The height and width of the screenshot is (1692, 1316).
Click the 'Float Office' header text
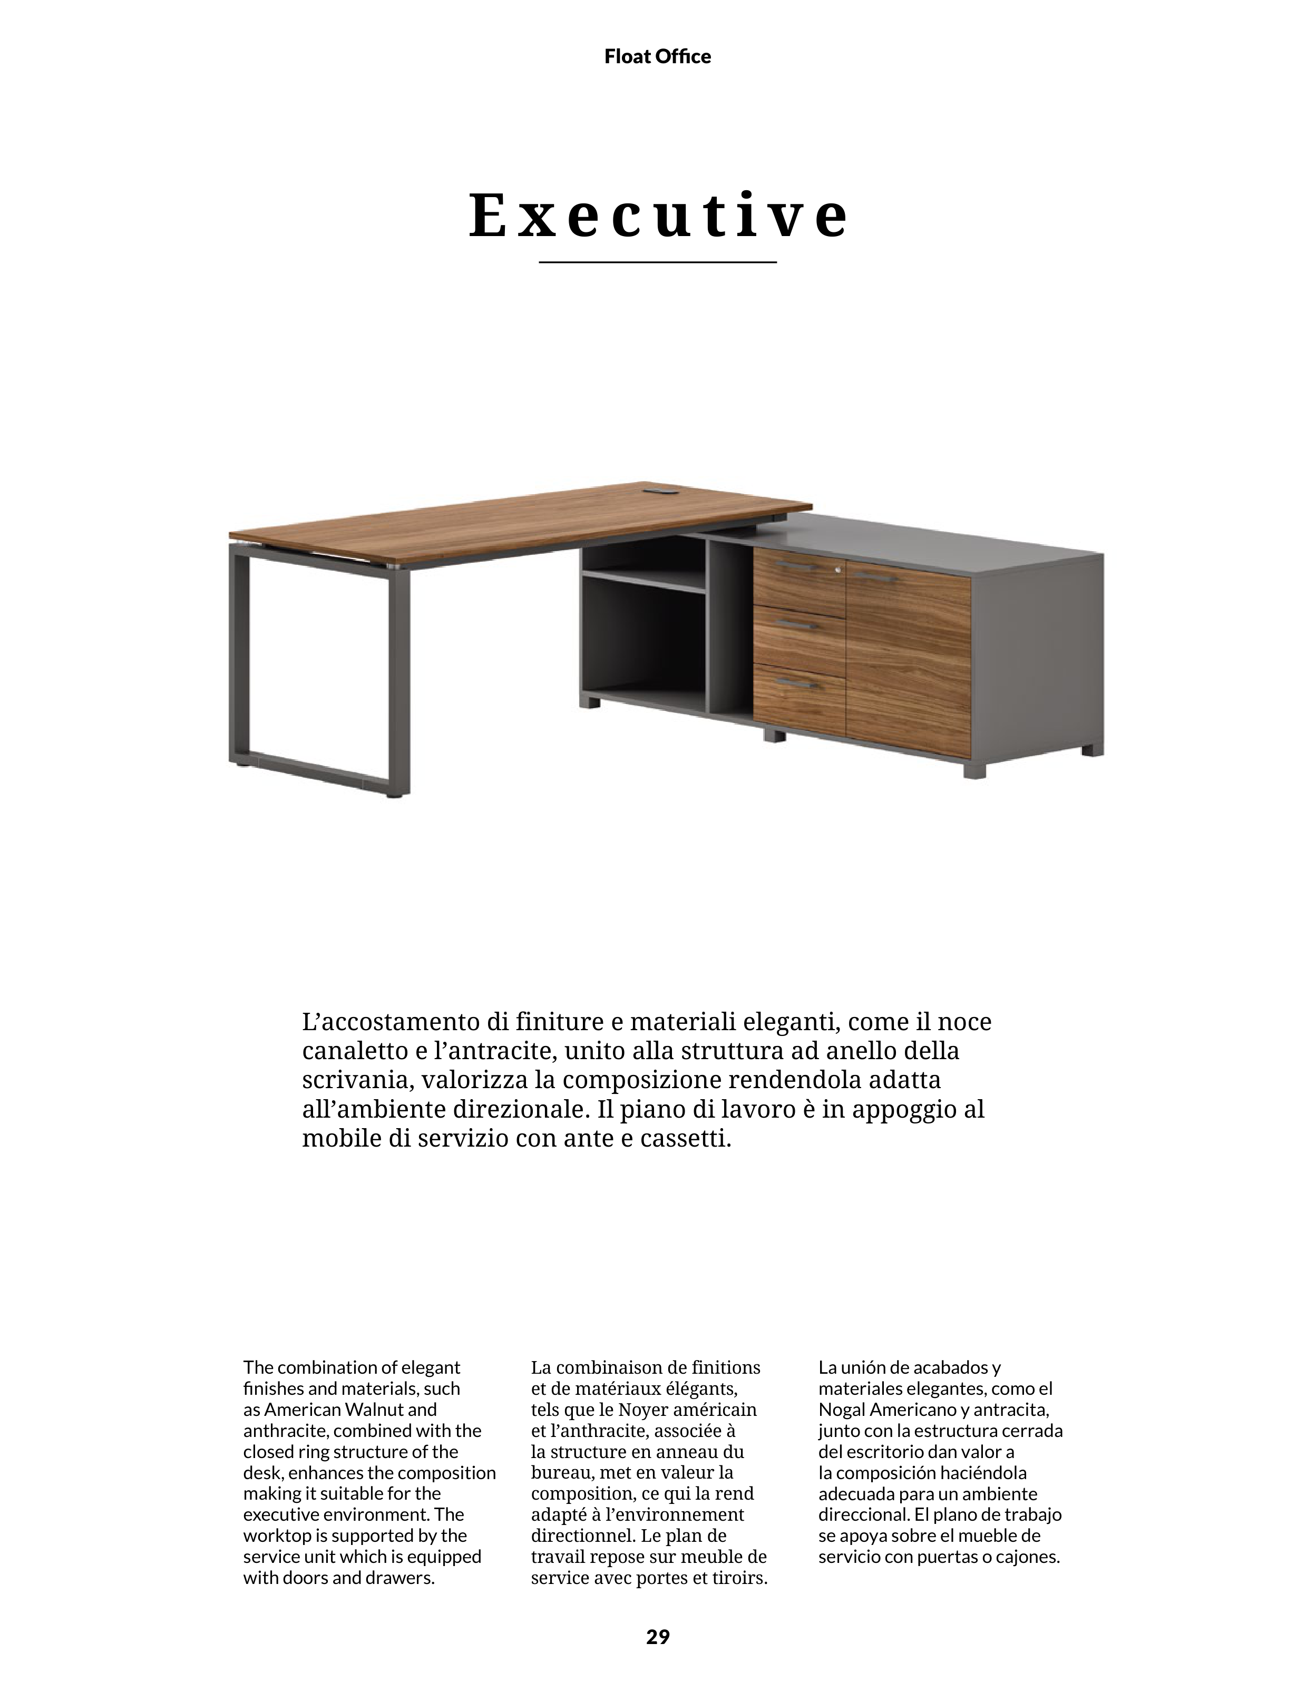tap(657, 56)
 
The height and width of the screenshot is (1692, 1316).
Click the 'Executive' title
tap(658, 216)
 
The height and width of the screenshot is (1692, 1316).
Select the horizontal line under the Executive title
tap(657, 262)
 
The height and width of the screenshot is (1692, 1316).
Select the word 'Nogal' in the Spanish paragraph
tap(842, 1410)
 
